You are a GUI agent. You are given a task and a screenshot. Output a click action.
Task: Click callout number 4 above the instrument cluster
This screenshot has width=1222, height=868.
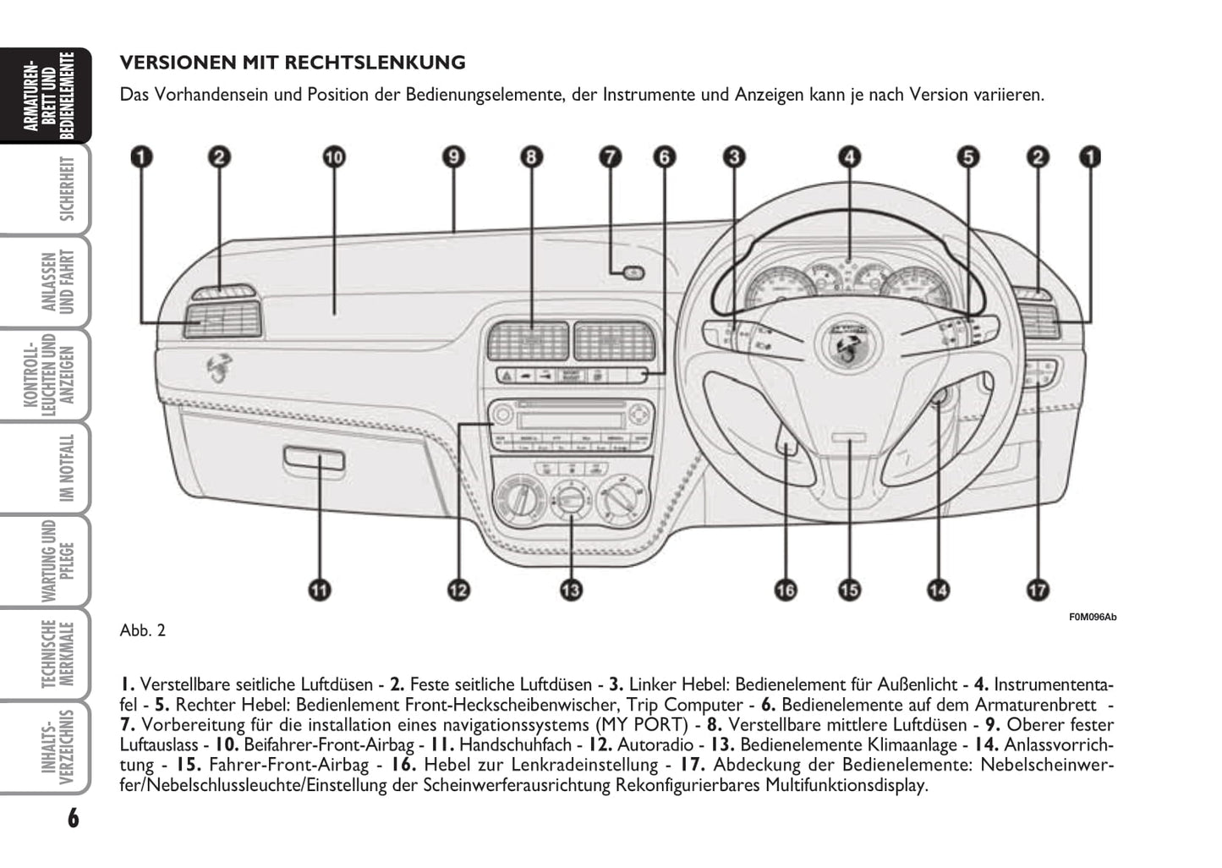[849, 157]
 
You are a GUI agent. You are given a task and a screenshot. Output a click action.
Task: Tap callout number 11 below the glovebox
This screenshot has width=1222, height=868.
[320, 590]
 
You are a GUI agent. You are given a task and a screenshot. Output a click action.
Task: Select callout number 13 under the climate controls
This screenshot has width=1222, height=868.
[571, 590]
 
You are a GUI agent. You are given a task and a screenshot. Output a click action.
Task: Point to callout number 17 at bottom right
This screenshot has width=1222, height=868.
[1038, 590]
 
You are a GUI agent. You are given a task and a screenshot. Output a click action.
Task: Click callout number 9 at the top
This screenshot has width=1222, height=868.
[454, 157]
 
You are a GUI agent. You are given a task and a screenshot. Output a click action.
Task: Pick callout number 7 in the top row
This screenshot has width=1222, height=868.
[611, 157]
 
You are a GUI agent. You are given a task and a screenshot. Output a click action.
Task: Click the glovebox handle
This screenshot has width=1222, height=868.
[314, 459]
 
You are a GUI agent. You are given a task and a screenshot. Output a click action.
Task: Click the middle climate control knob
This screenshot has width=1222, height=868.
[571, 499]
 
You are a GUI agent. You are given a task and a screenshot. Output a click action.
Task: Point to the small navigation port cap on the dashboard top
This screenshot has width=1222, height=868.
[632, 272]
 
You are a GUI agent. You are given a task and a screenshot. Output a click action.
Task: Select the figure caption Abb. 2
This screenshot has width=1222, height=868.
[143, 630]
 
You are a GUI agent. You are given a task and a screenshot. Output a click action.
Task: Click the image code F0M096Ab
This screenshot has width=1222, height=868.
[1093, 617]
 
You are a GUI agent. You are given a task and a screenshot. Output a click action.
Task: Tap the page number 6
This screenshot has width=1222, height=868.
[73, 818]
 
